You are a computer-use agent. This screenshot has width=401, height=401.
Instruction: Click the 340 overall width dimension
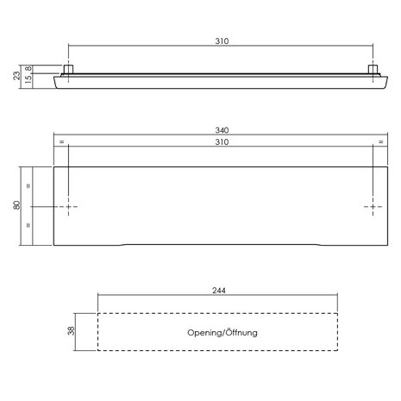222,131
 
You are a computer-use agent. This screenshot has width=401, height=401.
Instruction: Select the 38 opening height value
72,331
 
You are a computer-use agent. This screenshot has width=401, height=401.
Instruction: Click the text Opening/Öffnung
222,332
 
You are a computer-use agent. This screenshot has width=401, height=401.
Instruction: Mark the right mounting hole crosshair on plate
374,208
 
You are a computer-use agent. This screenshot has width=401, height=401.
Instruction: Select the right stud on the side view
374,68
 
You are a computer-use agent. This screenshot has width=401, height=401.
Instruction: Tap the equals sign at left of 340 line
61,141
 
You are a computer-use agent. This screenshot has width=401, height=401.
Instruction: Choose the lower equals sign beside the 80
29,227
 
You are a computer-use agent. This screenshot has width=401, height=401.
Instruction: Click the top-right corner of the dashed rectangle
339,312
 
